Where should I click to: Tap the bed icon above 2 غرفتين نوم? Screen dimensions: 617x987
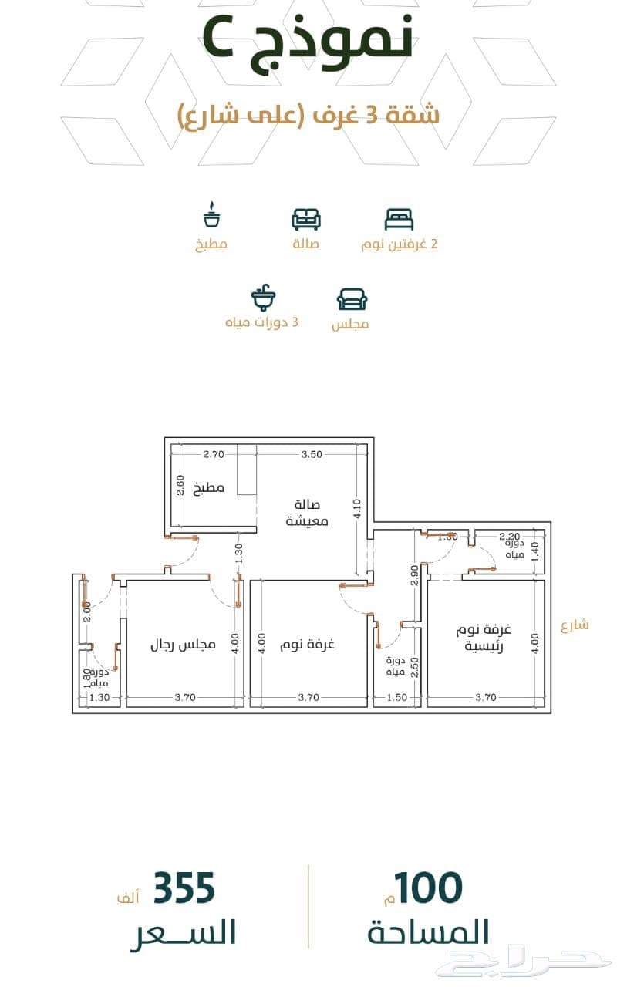pos(399,220)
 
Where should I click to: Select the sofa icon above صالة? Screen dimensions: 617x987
pos(306,219)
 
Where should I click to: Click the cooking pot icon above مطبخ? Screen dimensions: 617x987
pos(212,214)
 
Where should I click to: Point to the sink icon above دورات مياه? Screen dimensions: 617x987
pos(264,297)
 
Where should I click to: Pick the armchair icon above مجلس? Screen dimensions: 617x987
pos(352,300)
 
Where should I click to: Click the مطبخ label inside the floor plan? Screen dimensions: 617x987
pos(209,488)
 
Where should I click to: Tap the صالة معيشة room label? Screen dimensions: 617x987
pos(307,513)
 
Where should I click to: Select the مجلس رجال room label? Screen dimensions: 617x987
pos(183,645)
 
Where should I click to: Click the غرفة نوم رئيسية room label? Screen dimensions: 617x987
pos(484,638)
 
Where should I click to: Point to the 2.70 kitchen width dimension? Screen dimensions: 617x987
pos(214,454)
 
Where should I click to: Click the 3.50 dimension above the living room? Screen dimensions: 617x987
pos(312,454)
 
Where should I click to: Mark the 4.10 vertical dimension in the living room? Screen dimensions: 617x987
pos(357,509)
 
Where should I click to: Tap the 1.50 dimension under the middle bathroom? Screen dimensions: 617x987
pos(396,698)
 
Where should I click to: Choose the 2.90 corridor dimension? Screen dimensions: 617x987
pos(414,575)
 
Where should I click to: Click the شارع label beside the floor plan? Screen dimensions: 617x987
pos(575,625)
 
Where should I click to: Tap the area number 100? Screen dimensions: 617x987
pos(428,888)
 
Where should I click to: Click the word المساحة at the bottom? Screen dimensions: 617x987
pos(428,931)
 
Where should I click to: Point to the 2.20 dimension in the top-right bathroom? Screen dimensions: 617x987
pos(510,536)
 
